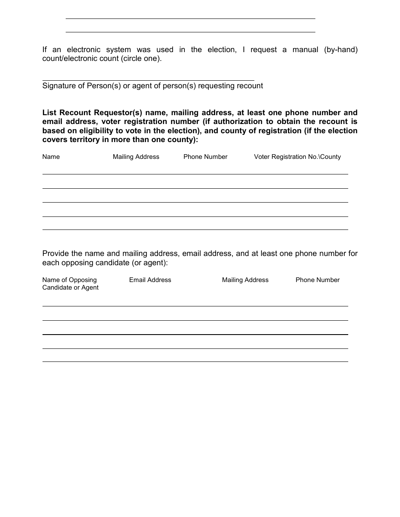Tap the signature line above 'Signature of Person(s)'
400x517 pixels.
click(x=148, y=80)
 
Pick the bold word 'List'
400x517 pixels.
click(x=49, y=113)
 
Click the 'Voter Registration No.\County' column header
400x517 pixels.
click(x=297, y=157)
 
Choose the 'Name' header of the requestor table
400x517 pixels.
click(x=51, y=157)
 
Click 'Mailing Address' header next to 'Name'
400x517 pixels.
click(x=136, y=157)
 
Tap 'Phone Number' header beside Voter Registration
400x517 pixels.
click(x=205, y=157)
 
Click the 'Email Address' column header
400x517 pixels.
click(x=150, y=280)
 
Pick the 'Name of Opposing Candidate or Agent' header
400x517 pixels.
click(x=70, y=284)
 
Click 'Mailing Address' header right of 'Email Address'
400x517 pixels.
click(x=245, y=280)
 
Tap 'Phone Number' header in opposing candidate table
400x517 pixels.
click(x=317, y=280)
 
